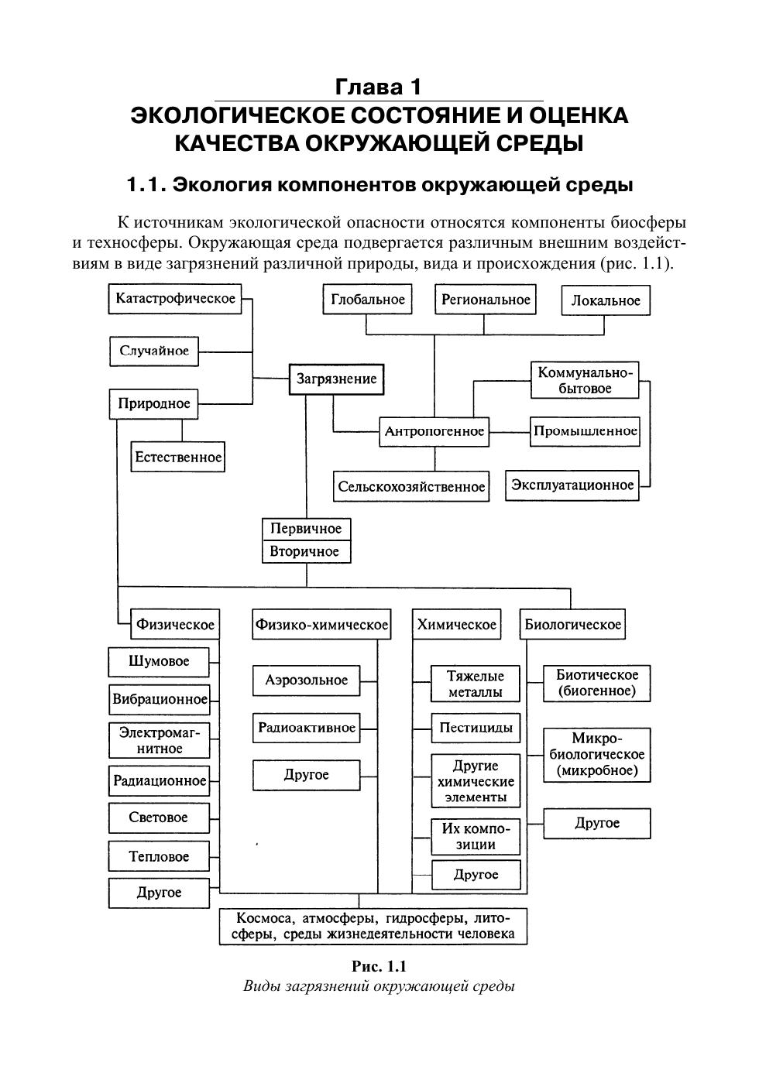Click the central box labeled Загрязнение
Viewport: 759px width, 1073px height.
(336, 379)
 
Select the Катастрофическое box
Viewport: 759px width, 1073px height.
(175, 299)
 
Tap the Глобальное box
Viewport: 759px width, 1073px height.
(368, 300)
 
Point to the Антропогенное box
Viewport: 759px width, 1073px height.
(434, 431)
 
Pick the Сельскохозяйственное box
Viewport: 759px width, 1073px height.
(411, 487)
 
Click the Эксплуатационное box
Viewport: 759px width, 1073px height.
(572, 485)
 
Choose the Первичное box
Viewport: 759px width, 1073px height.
(306, 529)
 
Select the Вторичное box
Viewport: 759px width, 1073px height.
(306, 551)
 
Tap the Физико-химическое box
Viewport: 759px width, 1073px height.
(322, 625)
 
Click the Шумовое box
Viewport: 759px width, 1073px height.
(159, 662)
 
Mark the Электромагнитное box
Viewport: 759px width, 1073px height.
(159, 740)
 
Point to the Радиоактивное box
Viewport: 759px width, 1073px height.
(307, 728)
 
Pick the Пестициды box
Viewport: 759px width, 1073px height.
(476, 728)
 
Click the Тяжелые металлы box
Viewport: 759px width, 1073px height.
(476, 684)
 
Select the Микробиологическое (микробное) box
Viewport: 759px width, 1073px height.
(596, 755)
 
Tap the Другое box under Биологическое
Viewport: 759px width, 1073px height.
(596, 823)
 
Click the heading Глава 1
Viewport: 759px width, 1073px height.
(379, 87)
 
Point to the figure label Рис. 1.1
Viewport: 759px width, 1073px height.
(379, 966)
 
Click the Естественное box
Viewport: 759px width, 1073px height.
(178, 457)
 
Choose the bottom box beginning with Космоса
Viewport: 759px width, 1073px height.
(374, 926)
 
